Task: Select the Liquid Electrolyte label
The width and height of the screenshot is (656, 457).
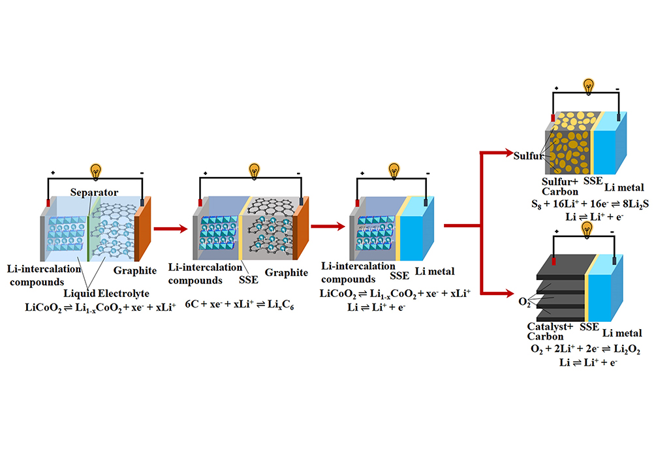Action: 106,293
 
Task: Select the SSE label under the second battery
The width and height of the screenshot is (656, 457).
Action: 249,279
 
